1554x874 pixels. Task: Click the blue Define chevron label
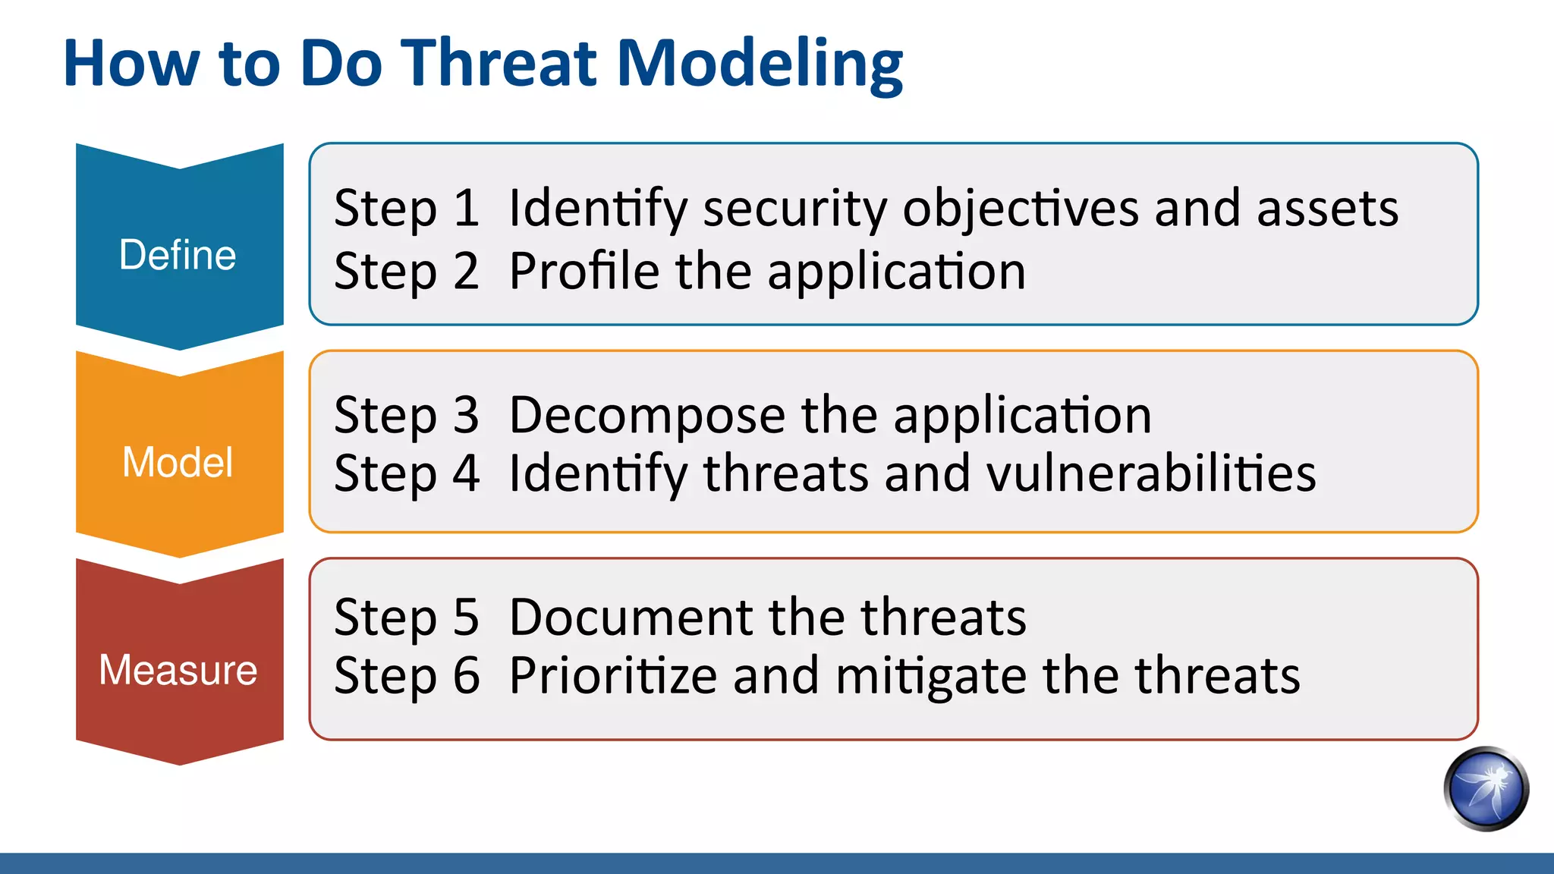click(178, 255)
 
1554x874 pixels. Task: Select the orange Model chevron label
click(178, 462)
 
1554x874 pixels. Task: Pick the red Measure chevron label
click(178, 670)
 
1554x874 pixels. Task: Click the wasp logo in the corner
click(1486, 789)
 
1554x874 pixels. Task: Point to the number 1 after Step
click(467, 208)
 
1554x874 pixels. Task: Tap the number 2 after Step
click(467, 271)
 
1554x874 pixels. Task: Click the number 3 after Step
click(467, 415)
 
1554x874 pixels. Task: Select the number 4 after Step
click(467, 473)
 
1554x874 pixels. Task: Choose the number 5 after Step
click(467, 617)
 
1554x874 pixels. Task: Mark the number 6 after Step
click(467, 675)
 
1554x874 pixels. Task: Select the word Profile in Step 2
click(584, 271)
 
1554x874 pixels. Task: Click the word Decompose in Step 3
click(646, 417)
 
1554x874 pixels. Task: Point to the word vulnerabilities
click(1150, 473)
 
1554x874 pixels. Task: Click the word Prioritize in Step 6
click(612, 675)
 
